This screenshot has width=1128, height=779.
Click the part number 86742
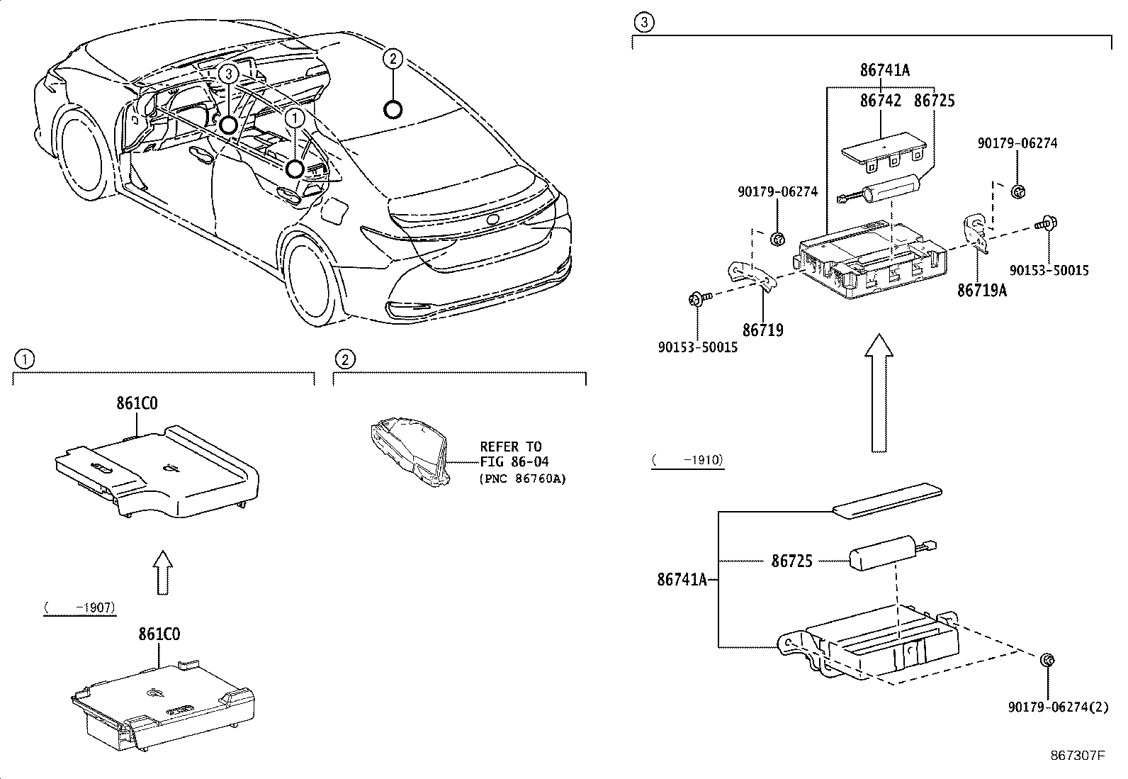coord(881,101)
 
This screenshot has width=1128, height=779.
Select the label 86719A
coord(981,291)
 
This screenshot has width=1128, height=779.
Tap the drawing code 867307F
coord(1078,756)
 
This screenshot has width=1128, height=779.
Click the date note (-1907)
coord(79,608)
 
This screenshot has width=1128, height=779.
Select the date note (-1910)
coord(687,460)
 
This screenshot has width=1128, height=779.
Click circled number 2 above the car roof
coord(393,57)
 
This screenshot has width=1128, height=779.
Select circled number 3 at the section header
coord(642,23)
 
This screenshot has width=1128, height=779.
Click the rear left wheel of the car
coord(310,278)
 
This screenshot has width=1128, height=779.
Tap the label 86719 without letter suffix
coord(762,330)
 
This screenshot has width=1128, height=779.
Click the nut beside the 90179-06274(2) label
coord(1047,661)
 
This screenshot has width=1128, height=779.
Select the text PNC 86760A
coord(523,478)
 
